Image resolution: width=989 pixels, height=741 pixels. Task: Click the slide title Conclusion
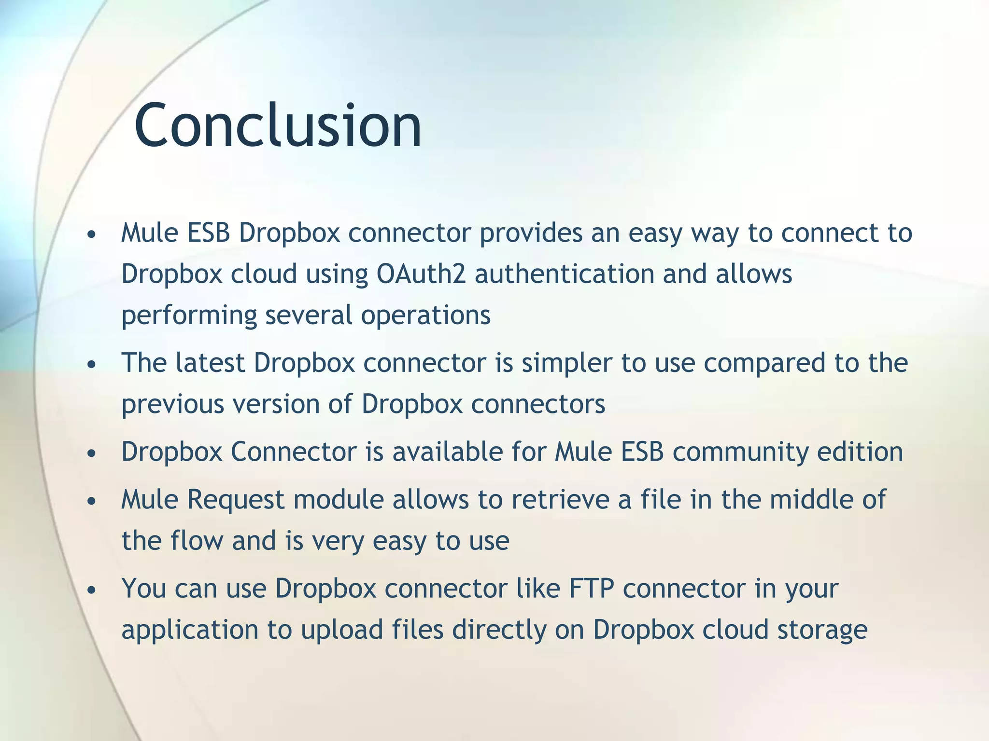(278, 125)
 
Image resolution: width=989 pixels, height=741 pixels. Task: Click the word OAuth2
(421, 274)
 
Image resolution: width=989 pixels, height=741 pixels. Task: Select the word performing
(189, 316)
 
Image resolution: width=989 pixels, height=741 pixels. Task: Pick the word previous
(172, 404)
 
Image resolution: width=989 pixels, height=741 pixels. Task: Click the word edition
(860, 452)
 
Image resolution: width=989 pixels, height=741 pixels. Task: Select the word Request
(236, 500)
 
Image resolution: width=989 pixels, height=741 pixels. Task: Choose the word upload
(342, 631)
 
